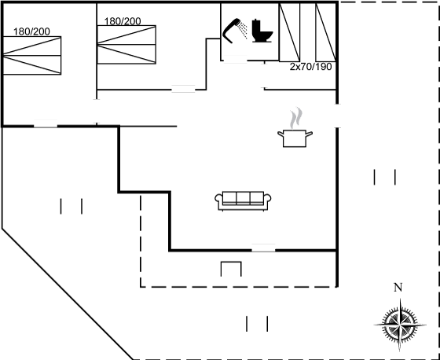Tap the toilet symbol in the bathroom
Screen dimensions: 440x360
262,31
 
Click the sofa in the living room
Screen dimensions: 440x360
243,201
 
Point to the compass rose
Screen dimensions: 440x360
400,325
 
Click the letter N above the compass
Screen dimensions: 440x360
398,288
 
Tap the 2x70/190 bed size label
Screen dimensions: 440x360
310,67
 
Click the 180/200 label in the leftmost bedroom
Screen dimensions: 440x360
31,31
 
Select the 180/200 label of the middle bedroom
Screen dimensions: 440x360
123,21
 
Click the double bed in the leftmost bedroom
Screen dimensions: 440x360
31,55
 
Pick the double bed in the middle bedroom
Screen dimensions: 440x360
126,45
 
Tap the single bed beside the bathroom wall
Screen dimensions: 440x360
290,32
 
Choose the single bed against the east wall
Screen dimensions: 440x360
326,32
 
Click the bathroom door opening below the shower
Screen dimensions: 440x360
235,60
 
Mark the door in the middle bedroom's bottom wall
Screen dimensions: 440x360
183,89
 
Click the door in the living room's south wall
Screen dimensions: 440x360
263,248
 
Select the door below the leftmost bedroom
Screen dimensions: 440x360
46,124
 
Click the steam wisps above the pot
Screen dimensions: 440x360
296,118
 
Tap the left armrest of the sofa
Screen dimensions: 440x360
218,198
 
